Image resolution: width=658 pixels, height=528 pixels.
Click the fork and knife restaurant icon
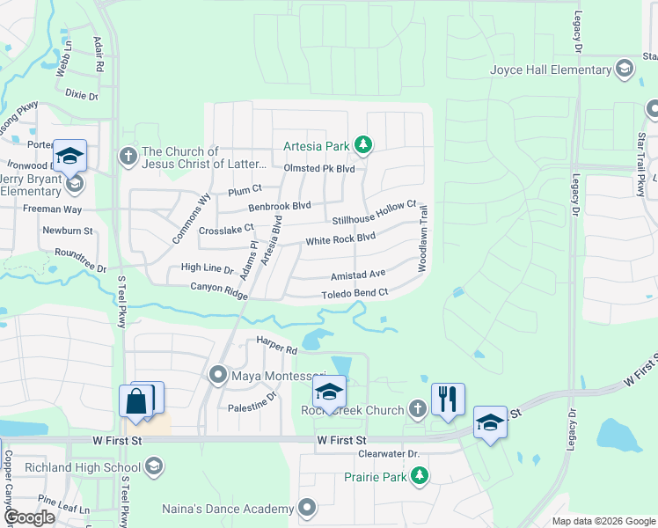coord(448,398)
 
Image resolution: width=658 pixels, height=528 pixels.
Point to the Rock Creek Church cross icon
coord(418,409)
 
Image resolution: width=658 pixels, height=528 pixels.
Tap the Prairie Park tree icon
coord(420,476)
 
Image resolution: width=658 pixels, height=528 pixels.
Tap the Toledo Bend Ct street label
coord(355,294)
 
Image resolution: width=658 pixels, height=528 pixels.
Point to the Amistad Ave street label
coord(358,275)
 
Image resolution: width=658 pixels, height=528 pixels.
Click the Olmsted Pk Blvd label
coord(318,168)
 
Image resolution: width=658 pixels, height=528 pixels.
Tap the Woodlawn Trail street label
coord(423,238)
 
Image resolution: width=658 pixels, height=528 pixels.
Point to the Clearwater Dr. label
coord(390,454)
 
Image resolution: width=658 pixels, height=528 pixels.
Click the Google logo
coord(29,517)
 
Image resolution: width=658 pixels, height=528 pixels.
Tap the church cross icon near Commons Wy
coord(128,157)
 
